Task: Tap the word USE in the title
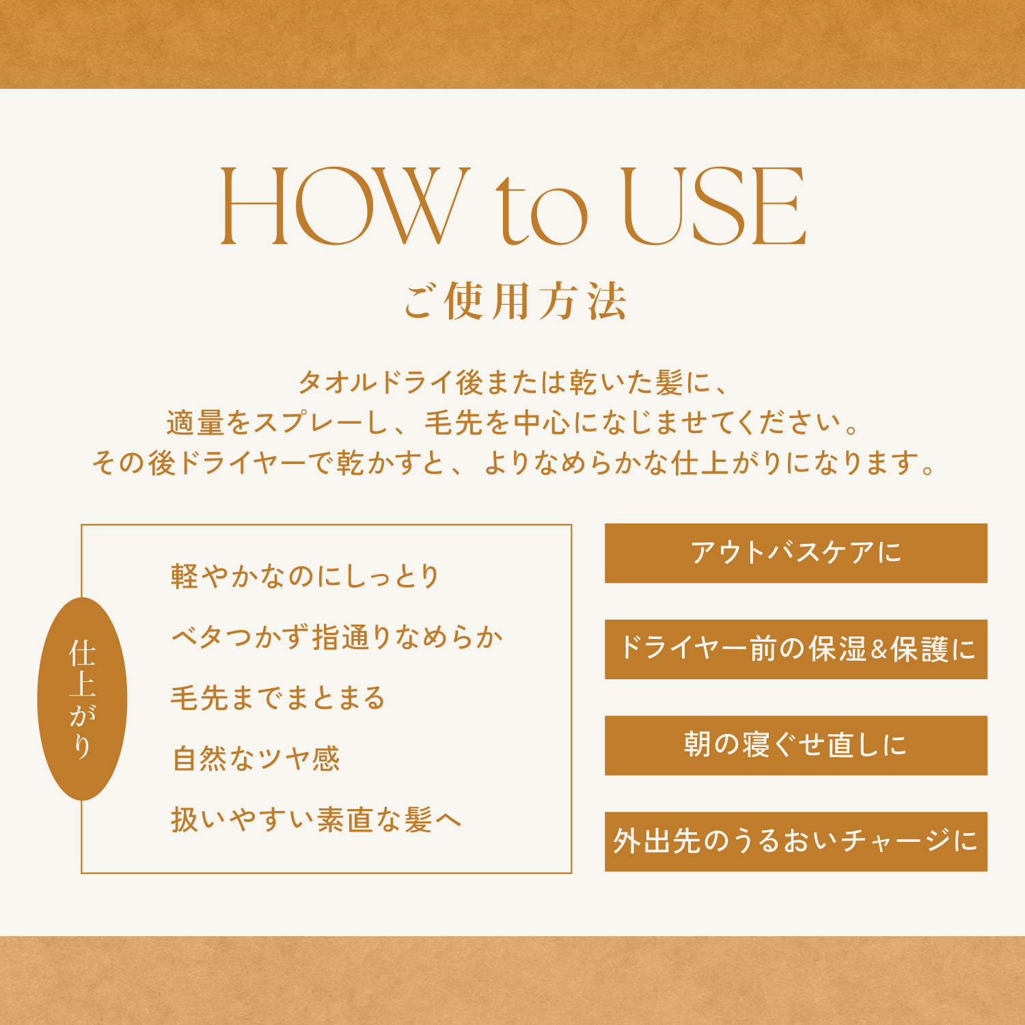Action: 715,206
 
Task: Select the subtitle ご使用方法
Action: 515,301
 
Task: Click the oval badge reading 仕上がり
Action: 82,698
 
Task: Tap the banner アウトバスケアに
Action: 796,553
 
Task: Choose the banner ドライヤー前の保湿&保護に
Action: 796,649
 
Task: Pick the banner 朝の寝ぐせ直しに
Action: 796,746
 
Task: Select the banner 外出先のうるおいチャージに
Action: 796,841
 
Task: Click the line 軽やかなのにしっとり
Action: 305,576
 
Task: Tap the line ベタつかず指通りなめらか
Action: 337,637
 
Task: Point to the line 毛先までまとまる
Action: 278,698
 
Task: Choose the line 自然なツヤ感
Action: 256,758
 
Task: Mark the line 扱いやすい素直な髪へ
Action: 316,819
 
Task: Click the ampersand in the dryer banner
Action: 879,650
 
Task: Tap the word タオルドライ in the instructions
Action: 377,382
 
